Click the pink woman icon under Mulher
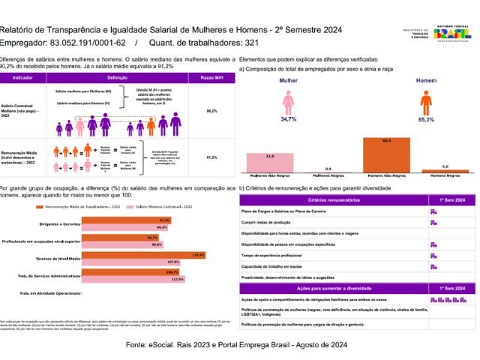click(x=288, y=102)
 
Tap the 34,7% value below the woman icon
click(x=288, y=119)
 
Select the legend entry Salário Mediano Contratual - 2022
click(x=158, y=205)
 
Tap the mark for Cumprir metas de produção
click(x=433, y=223)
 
